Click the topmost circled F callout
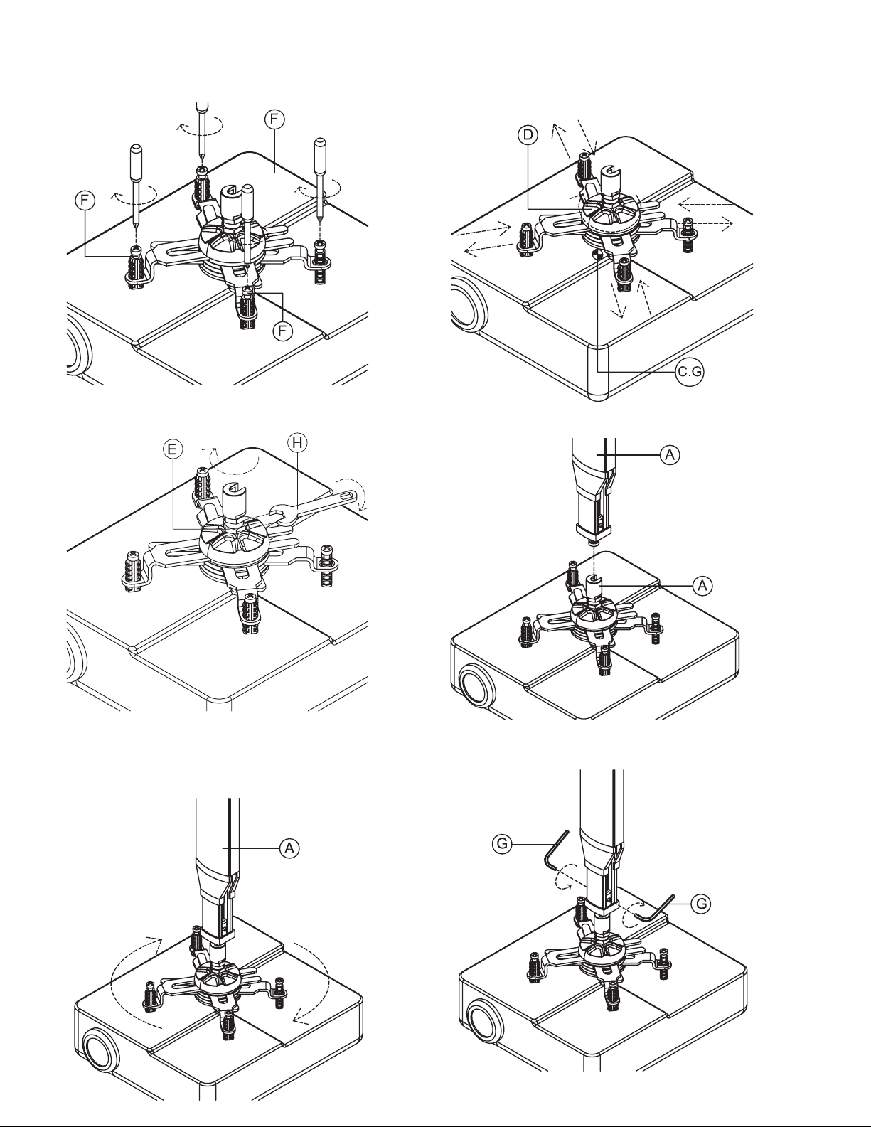click(x=274, y=119)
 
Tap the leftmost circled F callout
click(x=85, y=201)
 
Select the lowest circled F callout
click(x=282, y=331)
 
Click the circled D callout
click(x=528, y=135)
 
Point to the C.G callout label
click(x=690, y=371)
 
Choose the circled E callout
click(x=172, y=449)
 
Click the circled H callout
click(x=298, y=442)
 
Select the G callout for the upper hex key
click(x=502, y=844)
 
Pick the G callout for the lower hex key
click(x=701, y=904)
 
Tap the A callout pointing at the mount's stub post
click(x=702, y=585)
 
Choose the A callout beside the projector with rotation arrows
click(x=289, y=848)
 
